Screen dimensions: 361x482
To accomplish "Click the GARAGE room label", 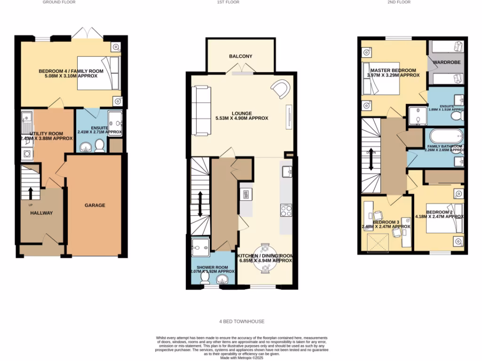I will click(x=95, y=205).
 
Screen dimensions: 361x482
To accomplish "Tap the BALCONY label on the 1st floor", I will click(x=241, y=56).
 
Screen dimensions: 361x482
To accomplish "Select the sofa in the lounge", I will click(x=201, y=110).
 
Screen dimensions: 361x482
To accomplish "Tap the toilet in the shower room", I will click(x=206, y=279).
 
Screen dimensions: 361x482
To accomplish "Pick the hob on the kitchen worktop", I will click(x=286, y=210).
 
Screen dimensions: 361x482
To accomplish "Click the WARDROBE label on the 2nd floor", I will click(x=446, y=62).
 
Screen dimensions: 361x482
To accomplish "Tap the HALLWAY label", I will click(x=41, y=213).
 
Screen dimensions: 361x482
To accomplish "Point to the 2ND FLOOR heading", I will click(x=399, y=2).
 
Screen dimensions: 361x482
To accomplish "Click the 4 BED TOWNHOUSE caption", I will click(x=241, y=322).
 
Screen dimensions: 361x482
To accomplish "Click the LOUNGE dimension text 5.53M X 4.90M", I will click(x=241, y=118).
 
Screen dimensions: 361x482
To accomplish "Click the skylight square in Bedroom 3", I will click(x=375, y=243).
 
